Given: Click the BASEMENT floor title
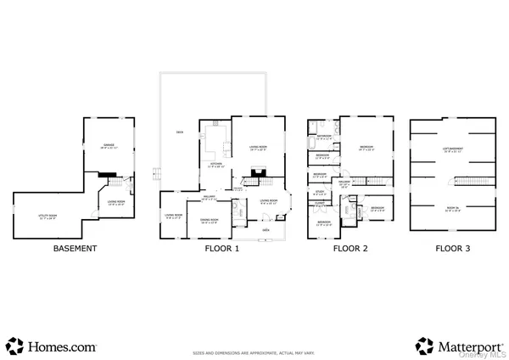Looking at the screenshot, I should pos(75,249).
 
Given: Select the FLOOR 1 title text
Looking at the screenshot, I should pos(222,249).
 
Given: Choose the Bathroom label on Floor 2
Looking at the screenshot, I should pos(324,136).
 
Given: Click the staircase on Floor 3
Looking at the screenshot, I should pos(467,183).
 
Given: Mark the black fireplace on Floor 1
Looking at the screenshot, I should pos(253,180).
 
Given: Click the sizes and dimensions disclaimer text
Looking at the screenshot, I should pos(254,351).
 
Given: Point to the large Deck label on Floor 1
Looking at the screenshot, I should pos(179,132).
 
